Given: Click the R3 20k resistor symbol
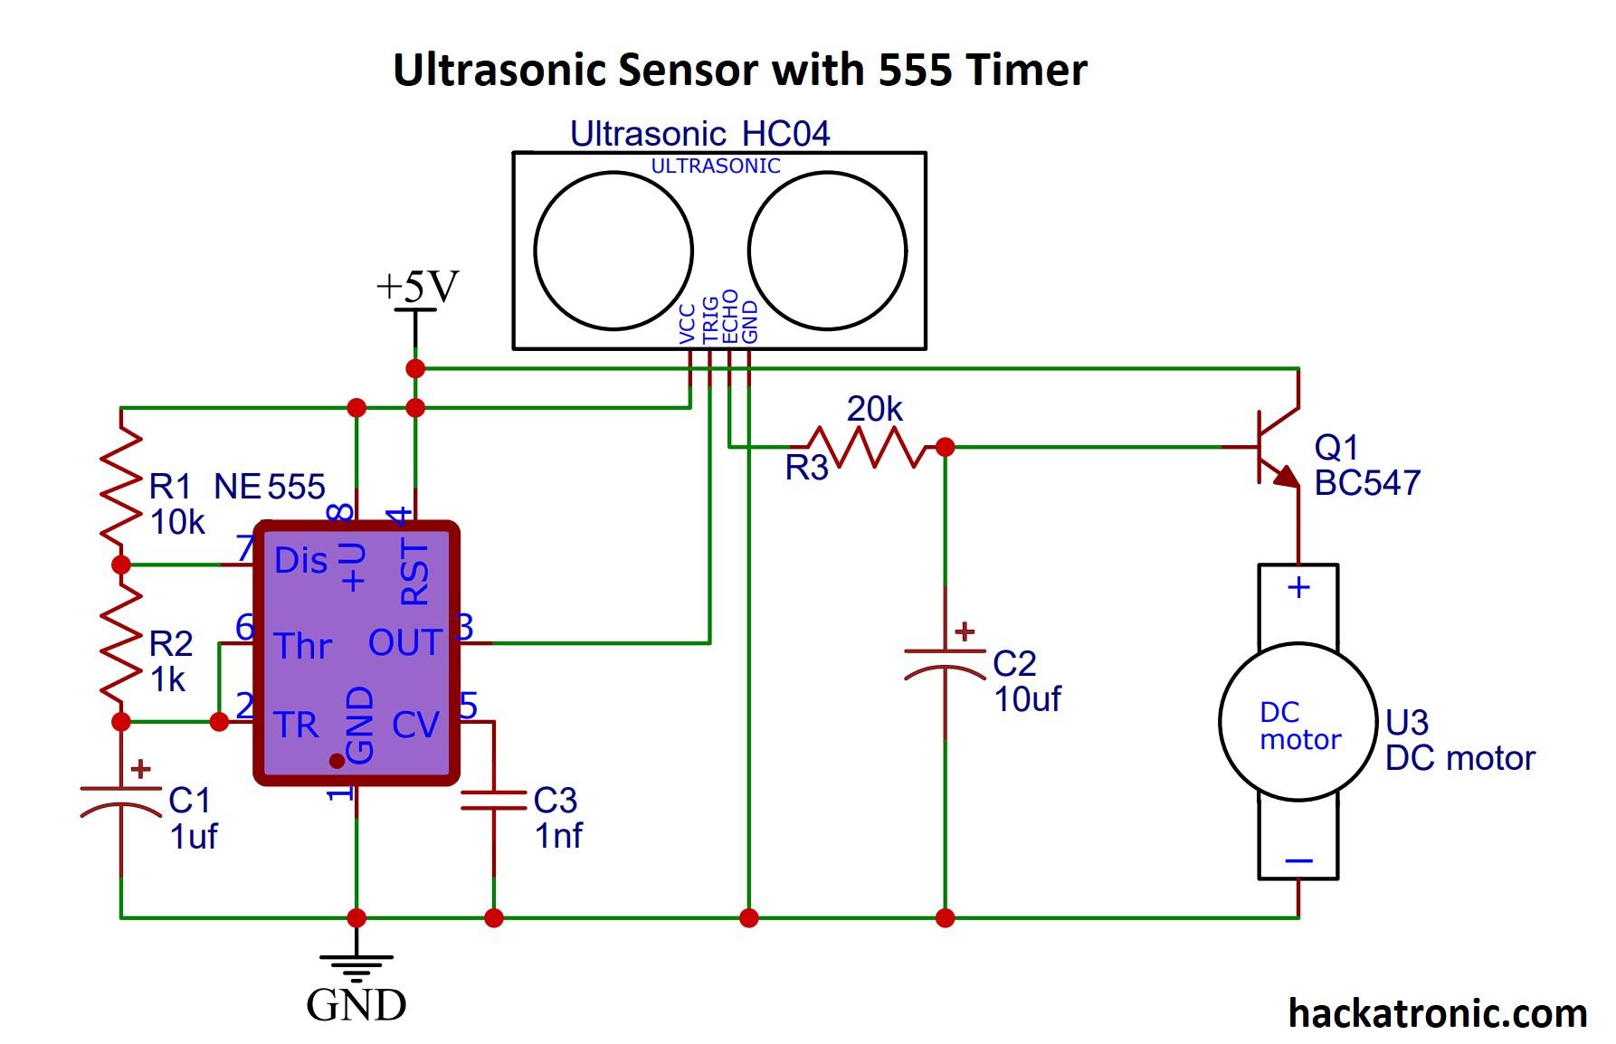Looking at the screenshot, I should coord(873,447).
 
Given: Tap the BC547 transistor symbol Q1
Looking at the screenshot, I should coord(1276,448).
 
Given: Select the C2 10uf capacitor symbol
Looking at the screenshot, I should coord(945,661).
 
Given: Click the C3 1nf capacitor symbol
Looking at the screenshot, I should coord(493,800).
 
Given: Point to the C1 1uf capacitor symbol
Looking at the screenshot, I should coord(120,800).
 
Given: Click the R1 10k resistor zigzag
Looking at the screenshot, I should coord(120,487).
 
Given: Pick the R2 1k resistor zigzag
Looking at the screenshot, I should coord(120,643).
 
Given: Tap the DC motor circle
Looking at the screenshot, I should coord(1298,722).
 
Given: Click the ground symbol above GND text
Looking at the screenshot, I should coord(356,966).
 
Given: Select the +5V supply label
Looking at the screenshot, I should coord(417,287).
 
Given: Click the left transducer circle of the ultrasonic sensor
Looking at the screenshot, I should coord(613,251).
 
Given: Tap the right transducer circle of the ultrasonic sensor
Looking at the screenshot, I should coord(827,251).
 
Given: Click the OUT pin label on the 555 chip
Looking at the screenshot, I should coord(404,643).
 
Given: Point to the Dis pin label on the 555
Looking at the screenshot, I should coord(300,561).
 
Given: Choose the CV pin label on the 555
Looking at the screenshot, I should coord(415,725).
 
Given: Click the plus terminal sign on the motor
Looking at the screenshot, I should coord(1298,588).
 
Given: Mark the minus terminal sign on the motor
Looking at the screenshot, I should coord(1298,860).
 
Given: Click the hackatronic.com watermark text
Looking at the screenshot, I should coord(1437,1013).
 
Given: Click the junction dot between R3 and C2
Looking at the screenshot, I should coord(945,447).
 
